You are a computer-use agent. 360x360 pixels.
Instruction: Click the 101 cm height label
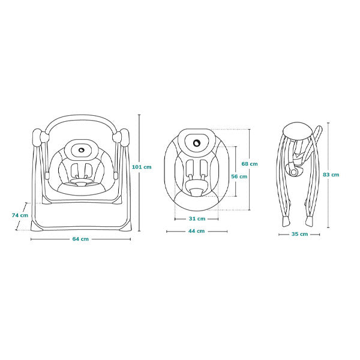click(x=142, y=167)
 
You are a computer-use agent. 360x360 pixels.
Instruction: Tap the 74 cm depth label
click(x=20, y=215)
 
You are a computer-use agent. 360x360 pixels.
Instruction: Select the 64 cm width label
click(x=80, y=239)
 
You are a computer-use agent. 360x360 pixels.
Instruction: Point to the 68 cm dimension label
click(x=250, y=164)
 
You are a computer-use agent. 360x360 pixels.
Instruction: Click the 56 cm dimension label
click(x=239, y=176)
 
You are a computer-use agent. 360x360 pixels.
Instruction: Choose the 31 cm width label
click(x=197, y=219)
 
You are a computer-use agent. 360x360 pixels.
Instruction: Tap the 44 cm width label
click(x=197, y=231)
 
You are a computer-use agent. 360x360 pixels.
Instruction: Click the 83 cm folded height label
click(x=331, y=175)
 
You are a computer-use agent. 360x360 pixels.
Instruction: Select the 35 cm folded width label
click(x=299, y=234)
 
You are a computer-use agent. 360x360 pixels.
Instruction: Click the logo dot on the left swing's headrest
click(x=82, y=150)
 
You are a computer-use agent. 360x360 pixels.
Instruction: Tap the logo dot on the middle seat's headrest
click(x=197, y=143)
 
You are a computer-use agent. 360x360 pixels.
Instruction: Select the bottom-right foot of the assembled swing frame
click(x=127, y=226)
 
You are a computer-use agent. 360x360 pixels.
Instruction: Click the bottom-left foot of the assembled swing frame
click(x=35, y=226)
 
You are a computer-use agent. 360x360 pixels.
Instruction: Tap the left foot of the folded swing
click(x=286, y=221)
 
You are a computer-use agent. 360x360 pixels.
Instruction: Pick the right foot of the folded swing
click(x=309, y=221)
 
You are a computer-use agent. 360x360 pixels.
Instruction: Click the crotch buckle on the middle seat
click(x=197, y=192)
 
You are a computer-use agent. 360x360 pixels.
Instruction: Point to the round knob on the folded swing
click(x=293, y=172)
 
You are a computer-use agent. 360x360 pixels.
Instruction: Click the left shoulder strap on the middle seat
click(x=190, y=167)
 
